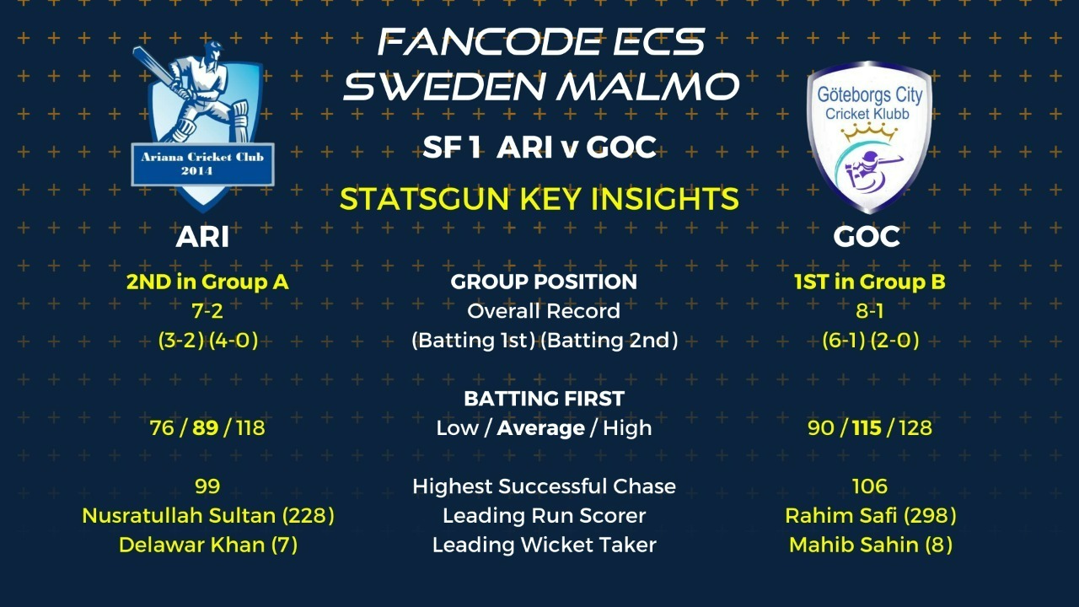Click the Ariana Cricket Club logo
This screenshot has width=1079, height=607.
[203, 127]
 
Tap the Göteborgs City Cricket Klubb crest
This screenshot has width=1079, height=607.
[869, 137]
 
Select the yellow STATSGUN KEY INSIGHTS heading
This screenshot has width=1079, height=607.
[539, 199]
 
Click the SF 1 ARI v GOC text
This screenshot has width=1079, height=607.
[539, 147]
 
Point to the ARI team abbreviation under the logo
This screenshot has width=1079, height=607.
[202, 237]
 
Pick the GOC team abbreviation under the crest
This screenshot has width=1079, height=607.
[867, 237]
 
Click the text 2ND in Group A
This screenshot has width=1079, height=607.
[207, 282]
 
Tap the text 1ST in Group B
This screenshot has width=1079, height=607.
[869, 282]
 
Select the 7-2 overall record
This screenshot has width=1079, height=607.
[207, 311]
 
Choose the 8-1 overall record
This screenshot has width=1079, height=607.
[869, 311]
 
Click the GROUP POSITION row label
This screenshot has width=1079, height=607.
[544, 282]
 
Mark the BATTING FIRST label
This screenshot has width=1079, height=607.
[544, 399]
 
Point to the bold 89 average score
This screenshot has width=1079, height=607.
[205, 427]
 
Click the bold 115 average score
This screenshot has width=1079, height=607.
[867, 427]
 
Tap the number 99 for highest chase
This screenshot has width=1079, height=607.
[207, 486]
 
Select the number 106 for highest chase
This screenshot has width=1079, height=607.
[869, 486]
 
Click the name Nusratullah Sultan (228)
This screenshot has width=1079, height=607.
[208, 516]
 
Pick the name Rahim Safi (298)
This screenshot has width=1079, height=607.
[871, 516]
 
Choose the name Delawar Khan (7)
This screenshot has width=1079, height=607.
[208, 545]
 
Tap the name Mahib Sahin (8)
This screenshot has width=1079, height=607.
[871, 545]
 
